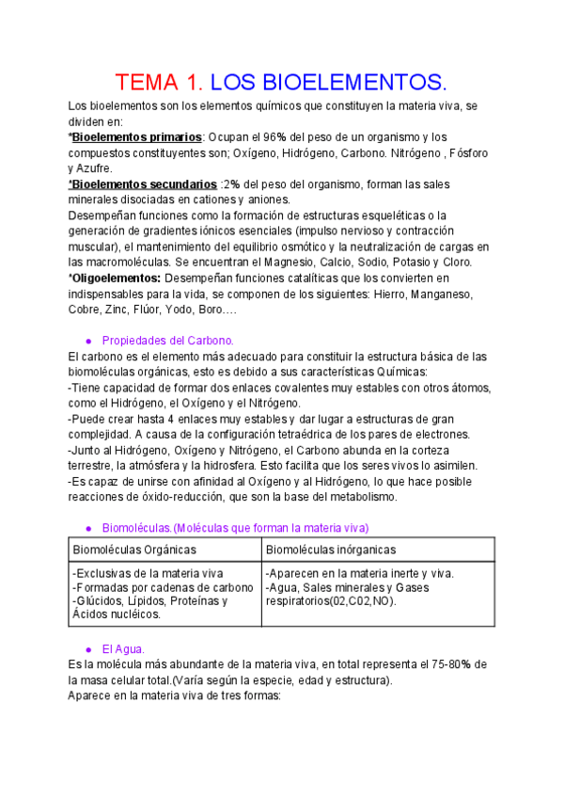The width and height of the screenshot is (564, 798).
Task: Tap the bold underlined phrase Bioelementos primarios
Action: (137, 137)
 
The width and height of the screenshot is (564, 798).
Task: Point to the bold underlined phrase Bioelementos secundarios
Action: (144, 184)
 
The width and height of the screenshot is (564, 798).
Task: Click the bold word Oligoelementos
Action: (117, 278)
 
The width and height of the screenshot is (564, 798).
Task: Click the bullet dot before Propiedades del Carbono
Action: (88, 341)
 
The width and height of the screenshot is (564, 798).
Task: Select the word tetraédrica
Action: (305, 434)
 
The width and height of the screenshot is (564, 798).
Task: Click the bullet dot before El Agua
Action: (88, 649)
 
